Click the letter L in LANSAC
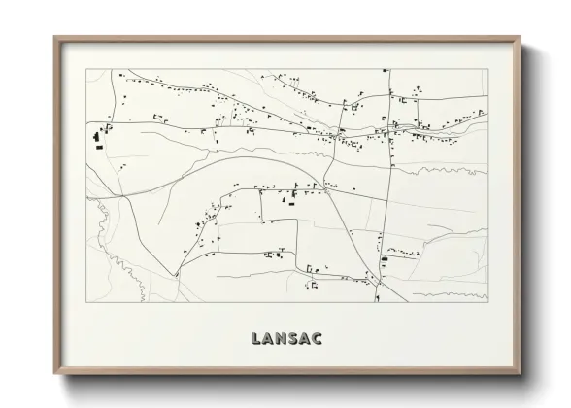point(254,339)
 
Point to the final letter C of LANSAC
point(319,339)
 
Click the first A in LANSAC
point(267,339)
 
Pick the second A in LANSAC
point(306,339)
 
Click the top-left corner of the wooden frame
point(53,37)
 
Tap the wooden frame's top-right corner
point(521,37)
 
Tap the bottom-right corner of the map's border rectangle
point(487,299)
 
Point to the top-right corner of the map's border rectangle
point(487,70)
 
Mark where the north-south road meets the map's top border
point(386,70)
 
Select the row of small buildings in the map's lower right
point(400,255)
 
